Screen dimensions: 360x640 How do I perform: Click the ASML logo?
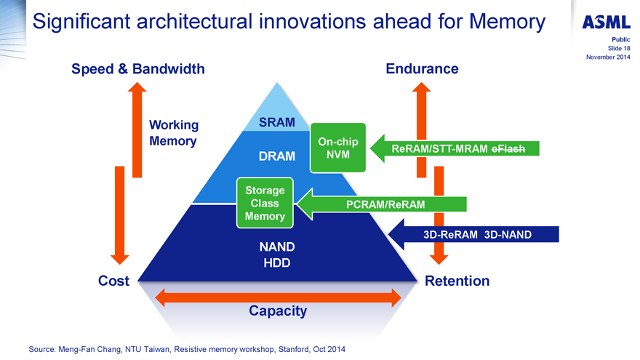coord(607,22)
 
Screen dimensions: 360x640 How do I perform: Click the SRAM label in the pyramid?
coord(277,123)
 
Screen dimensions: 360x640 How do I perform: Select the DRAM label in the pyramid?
coord(277,156)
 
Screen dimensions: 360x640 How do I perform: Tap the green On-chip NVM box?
coord(337,148)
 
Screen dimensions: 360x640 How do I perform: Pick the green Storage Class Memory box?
coord(265,203)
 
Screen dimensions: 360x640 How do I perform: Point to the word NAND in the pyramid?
coord(277,247)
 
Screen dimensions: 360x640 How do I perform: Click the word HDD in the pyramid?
coord(277,263)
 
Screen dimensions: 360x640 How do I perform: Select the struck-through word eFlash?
coord(514,148)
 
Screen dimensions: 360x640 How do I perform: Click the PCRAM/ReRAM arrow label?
coord(386,204)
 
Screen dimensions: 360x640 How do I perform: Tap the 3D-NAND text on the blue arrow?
coord(508,234)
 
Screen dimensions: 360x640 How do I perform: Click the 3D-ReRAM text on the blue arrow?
coord(450,234)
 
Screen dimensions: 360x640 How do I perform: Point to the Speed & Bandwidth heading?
coord(138,69)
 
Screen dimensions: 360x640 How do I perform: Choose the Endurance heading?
coord(422,69)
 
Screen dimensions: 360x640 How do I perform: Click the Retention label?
coord(457,281)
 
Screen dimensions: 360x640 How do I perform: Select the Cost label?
coord(113,281)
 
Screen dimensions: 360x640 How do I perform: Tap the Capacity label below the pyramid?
coord(278,311)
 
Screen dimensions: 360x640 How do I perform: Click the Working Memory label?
coord(173,133)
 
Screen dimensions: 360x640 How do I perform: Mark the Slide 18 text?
coord(616,48)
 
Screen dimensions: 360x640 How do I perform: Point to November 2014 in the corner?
coord(607,57)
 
